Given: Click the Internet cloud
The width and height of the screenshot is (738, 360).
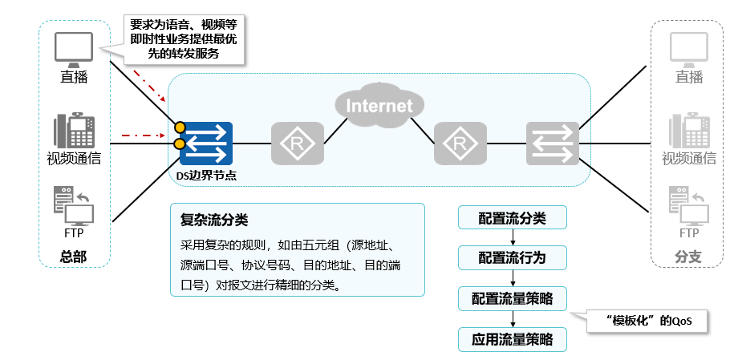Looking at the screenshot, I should tap(379, 105).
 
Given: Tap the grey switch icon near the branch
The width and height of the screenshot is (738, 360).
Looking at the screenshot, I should tap(553, 144).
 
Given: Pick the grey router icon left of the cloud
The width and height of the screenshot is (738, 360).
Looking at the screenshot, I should tap(297, 144).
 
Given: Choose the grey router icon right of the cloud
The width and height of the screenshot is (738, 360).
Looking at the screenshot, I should tap(460, 144).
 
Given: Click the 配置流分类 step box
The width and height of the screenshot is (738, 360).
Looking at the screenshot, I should tap(513, 217).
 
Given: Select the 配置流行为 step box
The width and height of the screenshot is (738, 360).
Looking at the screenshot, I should tap(513, 258).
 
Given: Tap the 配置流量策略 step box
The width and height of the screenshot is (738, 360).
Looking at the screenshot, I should tap(513, 299).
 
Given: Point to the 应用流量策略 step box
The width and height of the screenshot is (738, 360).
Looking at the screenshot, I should tap(513, 339).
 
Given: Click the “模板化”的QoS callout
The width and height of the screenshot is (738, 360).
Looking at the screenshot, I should tap(648, 322).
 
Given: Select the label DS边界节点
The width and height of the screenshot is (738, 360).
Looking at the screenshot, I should tap(206, 174).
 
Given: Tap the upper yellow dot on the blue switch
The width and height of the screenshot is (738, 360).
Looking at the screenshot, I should tap(180, 127).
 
